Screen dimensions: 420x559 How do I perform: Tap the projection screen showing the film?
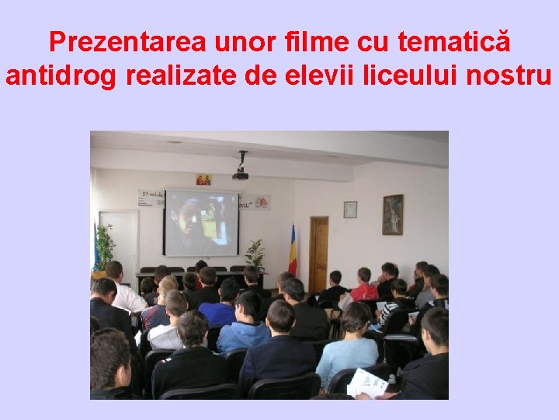pos(201,221)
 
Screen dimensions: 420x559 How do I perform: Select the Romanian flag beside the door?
pos(293,250)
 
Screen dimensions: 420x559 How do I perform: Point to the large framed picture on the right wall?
pos(392,214)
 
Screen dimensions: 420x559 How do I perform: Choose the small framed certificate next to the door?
pos(350,209)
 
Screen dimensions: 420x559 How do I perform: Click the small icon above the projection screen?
pos(203,180)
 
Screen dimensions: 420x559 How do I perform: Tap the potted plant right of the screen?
pos(254,254)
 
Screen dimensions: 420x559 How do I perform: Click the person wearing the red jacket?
pos(363,288)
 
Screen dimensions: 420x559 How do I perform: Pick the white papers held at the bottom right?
pos(366,383)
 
